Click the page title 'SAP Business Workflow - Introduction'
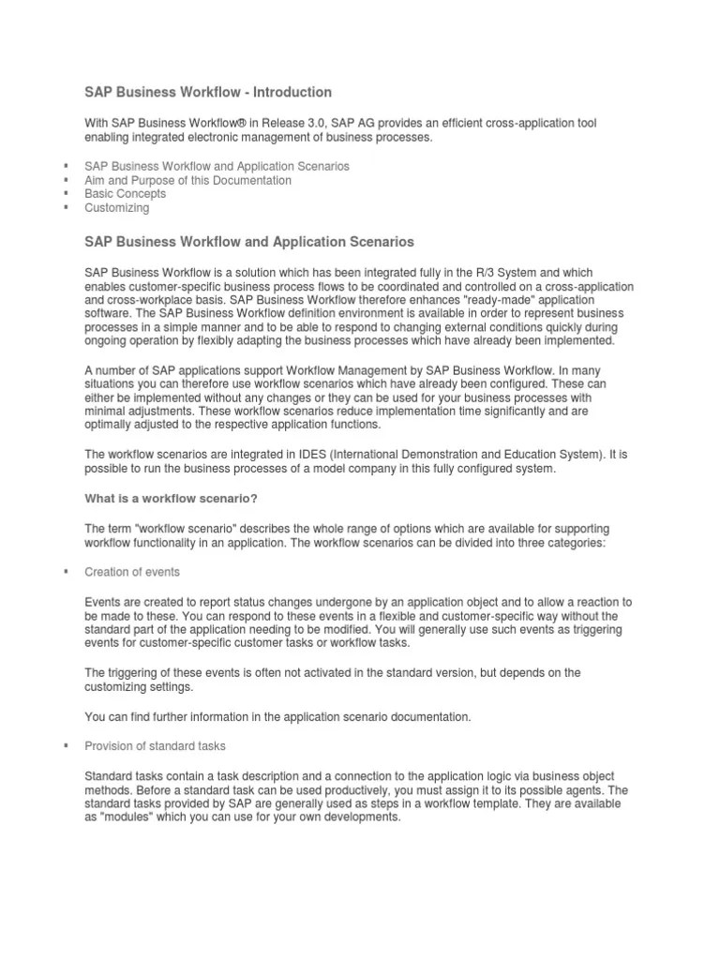(x=208, y=92)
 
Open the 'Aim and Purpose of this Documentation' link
(x=187, y=180)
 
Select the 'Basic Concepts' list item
(x=125, y=194)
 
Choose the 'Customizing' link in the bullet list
(x=116, y=208)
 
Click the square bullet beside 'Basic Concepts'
(x=66, y=194)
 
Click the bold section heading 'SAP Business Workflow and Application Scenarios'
(x=248, y=242)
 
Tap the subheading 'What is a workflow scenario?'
(x=171, y=498)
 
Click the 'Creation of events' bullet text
(x=132, y=572)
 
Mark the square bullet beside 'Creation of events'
(x=66, y=572)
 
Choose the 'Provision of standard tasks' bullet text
(x=155, y=746)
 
